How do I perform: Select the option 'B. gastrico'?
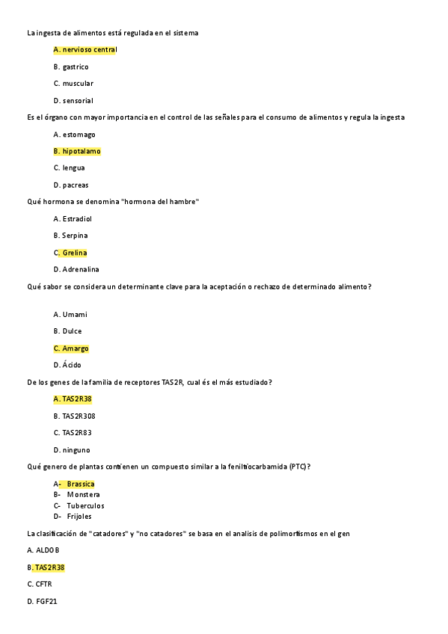click(x=71, y=67)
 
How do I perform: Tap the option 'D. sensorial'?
click(x=73, y=100)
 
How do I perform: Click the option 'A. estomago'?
click(x=75, y=135)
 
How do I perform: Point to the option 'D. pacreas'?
click(x=71, y=185)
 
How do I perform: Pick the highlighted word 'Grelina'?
click(x=75, y=253)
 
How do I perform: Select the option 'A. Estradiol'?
click(x=73, y=219)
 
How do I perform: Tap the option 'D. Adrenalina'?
click(x=76, y=269)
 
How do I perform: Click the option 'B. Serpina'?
click(x=70, y=236)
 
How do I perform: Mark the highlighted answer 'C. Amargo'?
click(x=71, y=348)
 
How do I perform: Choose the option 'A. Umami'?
click(x=70, y=315)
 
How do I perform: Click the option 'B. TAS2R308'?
click(x=75, y=416)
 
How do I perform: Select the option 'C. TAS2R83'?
click(x=73, y=432)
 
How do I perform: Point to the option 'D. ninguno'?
click(x=72, y=450)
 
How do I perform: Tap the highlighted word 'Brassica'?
click(x=81, y=484)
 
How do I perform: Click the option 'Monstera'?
click(x=83, y=494)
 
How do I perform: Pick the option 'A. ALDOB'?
click(x=43, y=550)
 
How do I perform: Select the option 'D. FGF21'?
click(x=42, y=601)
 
